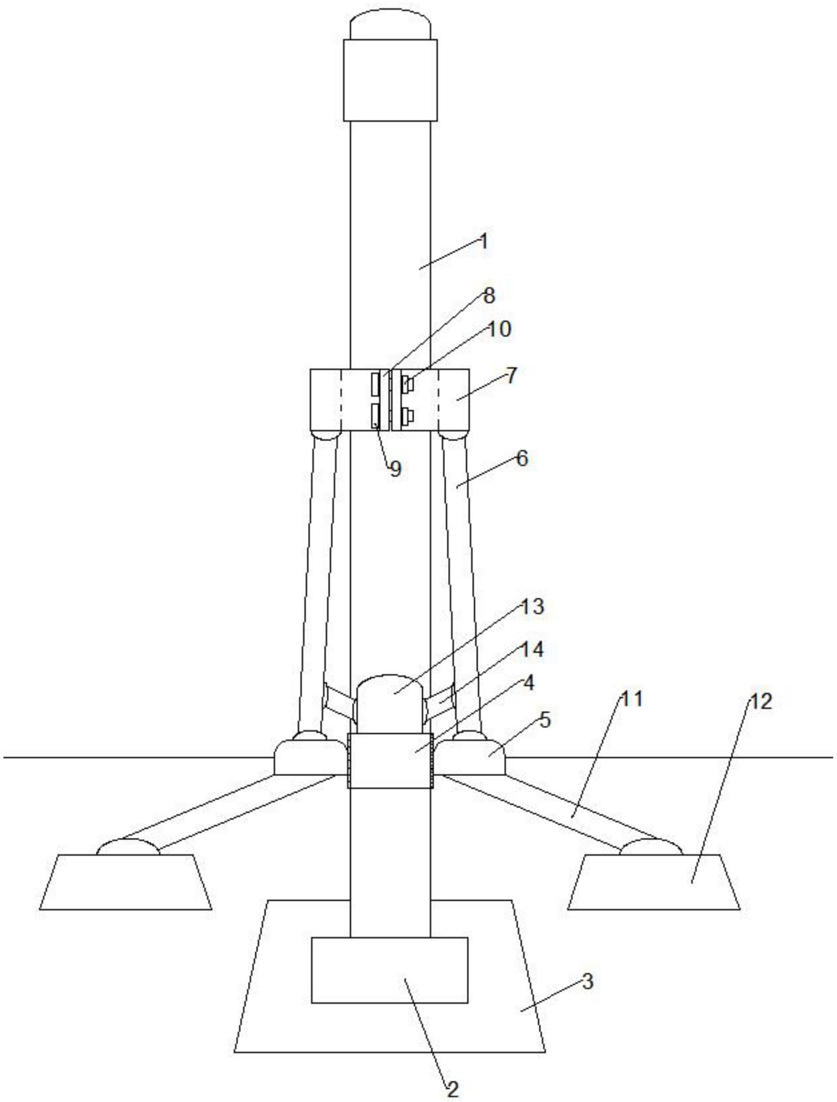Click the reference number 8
(489, 295)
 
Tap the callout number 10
(499, 329)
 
